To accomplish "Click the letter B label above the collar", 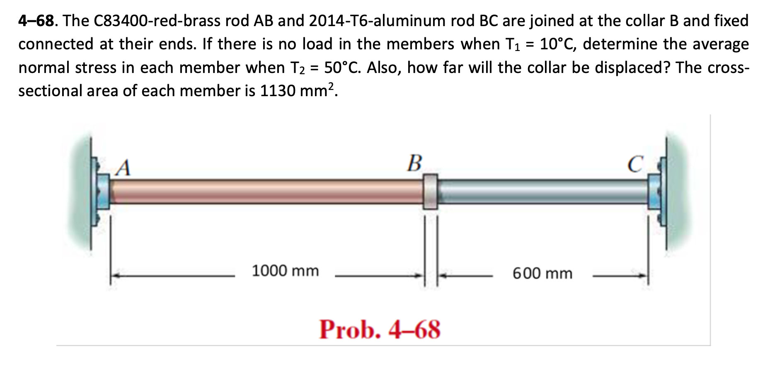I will coord(414,163).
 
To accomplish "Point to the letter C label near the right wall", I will coord(635,164).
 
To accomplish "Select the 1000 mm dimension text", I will coord(285,271).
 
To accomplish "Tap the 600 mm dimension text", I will coord(542,274).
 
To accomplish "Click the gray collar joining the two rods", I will coord(430,191).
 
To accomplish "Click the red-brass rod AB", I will coord(265,191).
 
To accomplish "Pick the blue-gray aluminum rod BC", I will coord(543,191).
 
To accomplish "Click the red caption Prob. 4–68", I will coord(380,330).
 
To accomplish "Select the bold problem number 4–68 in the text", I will coord(36,20).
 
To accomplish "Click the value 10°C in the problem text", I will coord(557,44).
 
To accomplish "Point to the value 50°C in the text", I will coord(341,67).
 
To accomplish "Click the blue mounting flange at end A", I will coord(102,191).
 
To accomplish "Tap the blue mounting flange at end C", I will coord(655,191).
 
